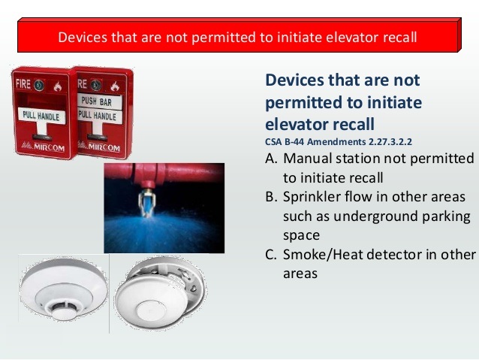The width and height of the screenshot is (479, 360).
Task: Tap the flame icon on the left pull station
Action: (58, 86)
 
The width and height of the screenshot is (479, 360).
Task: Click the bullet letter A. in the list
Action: (272, 159)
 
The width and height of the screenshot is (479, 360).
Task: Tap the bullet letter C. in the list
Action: (272, 255)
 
